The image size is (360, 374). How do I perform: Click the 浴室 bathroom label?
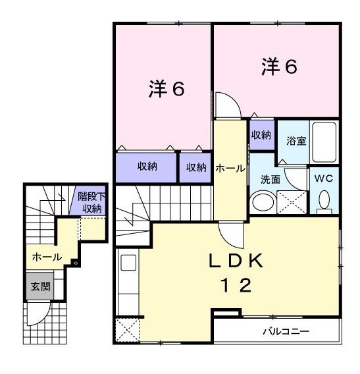[296, 141]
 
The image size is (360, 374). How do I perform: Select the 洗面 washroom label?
[270, 179]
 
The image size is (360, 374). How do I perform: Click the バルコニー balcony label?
[286, 331]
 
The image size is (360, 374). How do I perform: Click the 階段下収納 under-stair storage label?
[91, 202]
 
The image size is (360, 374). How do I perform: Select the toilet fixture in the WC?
[323, 201]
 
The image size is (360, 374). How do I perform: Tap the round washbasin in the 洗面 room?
[264, 201]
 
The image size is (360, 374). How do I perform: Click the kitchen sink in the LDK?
[128, 263]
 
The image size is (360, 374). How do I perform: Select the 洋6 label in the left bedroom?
[165, 90]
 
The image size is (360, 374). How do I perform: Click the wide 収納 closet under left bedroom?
[147, 167]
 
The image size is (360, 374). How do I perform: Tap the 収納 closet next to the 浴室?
[261, 135]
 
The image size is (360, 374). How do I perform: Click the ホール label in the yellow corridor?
[230, 169]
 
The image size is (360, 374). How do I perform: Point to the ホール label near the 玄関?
[46, 256]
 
